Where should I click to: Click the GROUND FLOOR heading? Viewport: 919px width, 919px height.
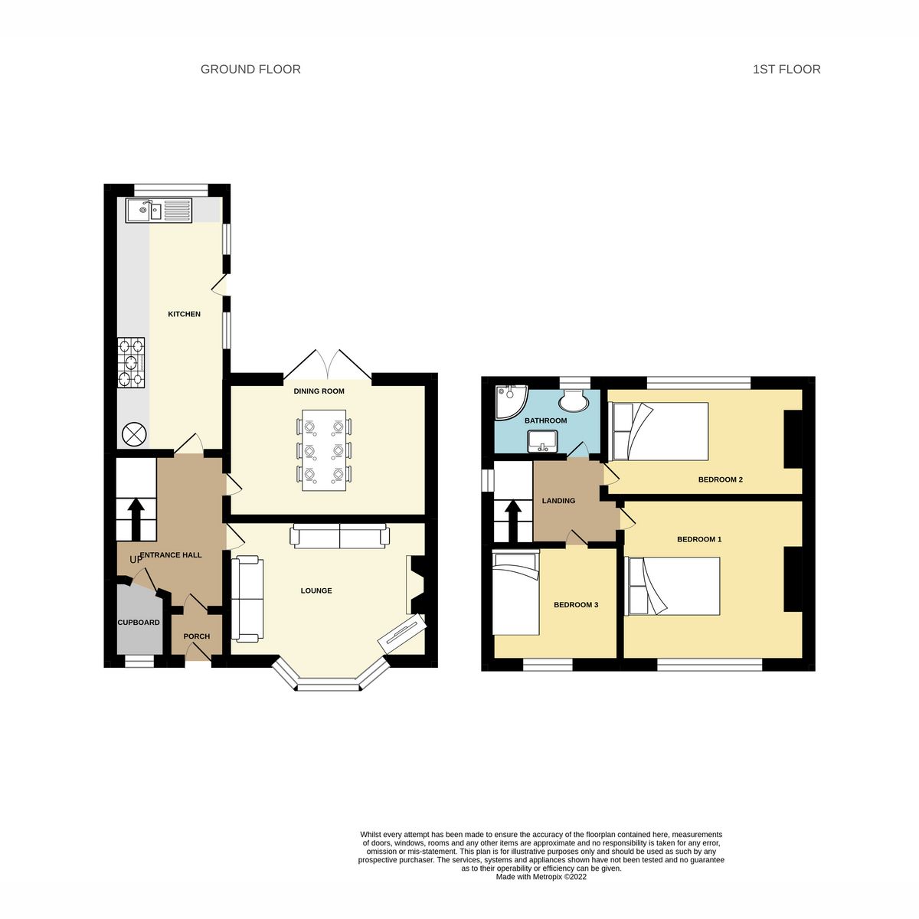(x=250, y=69)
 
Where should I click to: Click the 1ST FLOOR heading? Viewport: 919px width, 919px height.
(x=787, y=69)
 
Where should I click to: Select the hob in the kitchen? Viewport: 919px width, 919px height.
(x=131, y=363)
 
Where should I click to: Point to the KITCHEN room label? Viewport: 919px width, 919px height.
(x=185, y=314)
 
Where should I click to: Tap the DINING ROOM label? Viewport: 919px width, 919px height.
(x=319, y=391)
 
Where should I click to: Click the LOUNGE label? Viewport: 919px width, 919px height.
(x=316, y=590)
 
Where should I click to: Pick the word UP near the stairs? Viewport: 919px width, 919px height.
(x=136, y=560)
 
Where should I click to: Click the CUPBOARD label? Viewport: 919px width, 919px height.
(x=139, y=623)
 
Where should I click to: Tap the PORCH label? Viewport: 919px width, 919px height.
(x=196, y=636)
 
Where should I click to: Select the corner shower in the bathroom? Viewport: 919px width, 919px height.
(x=508, y=401)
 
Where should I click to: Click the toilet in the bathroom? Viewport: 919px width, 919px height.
(x=573, y=398)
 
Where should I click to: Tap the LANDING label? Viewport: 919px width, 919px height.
(x=558, y=501)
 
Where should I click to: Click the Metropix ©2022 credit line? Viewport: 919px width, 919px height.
(x=541, y=878)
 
